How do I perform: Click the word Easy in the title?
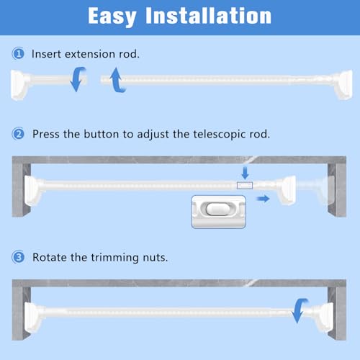112,17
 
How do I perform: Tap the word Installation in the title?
208,16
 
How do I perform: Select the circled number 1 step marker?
18,53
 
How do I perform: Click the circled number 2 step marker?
18,134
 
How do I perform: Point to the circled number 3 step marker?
18,257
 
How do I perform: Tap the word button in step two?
102,134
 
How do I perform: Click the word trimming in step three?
114,258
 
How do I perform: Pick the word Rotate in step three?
50,257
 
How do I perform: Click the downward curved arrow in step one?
77,79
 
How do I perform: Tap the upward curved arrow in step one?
117,80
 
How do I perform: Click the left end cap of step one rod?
19,84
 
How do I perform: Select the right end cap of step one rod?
343,84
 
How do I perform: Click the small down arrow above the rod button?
245,174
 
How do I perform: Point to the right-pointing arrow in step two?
264,199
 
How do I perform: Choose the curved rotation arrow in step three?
298,310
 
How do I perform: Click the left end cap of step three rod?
34,318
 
